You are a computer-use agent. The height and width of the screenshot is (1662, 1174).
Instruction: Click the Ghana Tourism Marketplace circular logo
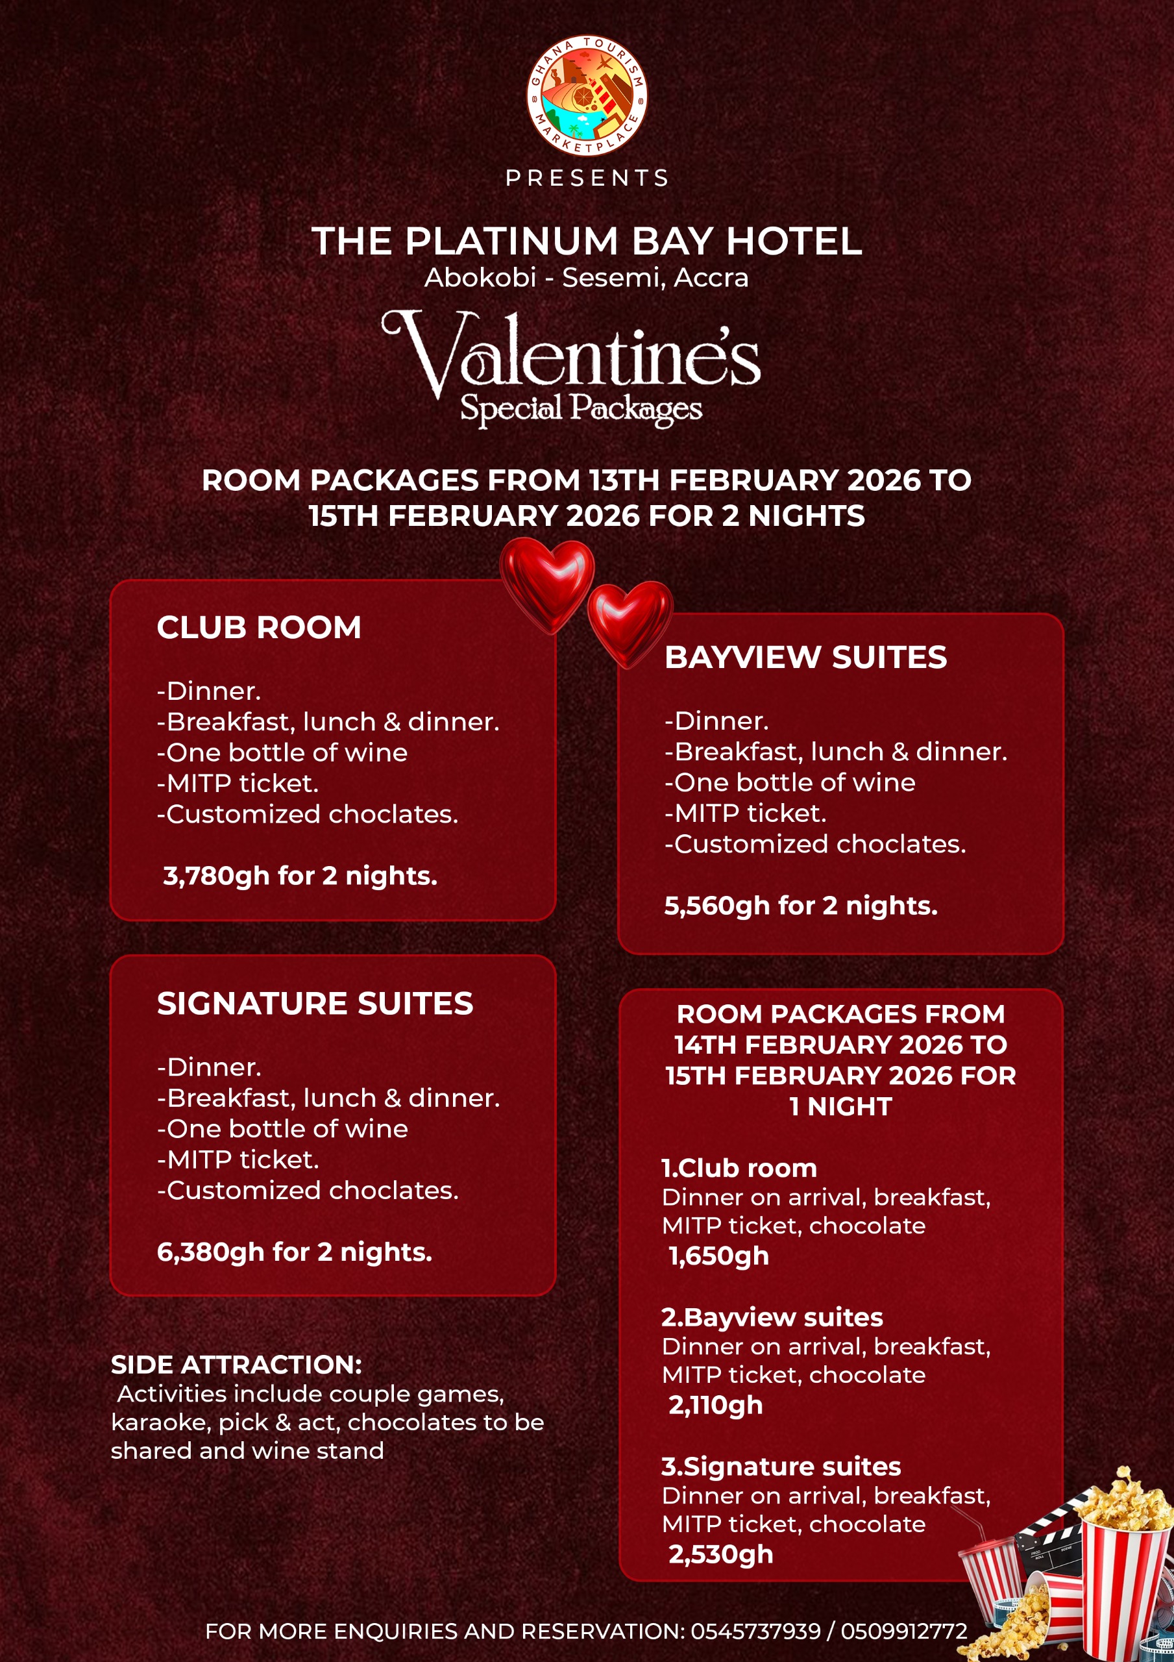click(586, 95)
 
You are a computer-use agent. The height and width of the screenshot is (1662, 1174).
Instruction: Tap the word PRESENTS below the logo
click(587, 178)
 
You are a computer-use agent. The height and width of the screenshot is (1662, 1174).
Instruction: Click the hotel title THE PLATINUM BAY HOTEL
click(587, 241)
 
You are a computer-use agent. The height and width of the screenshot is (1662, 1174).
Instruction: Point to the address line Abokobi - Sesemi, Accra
click(586, 278)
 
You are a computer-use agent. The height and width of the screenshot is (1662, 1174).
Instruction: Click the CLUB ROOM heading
click(259, 628)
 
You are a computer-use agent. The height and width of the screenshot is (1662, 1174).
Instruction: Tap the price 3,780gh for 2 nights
click(300, 876)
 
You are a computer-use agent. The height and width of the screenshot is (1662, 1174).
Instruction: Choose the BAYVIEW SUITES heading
click(805, 657)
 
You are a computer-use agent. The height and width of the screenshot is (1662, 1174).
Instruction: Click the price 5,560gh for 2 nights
click(801, 906)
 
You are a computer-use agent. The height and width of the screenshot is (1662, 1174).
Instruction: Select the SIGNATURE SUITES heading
click(315, 1004)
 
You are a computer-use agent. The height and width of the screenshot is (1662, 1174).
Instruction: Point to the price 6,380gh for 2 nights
click(295, 1252)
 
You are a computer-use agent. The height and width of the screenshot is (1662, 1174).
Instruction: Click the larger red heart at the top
click(547, 584)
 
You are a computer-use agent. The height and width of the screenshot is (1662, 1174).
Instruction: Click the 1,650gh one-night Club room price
click(718, 1256)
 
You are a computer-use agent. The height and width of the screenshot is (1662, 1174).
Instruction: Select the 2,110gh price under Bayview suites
click(716, 1405)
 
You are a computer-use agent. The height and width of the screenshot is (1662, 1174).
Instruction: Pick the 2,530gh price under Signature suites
click(721, 1554)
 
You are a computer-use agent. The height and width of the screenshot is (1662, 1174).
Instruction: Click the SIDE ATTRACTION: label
click(237, 1365)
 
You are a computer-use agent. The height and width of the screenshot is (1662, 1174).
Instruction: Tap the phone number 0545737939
click(755, 1631)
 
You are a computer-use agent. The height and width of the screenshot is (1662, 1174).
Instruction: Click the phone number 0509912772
click(904, 1631)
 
